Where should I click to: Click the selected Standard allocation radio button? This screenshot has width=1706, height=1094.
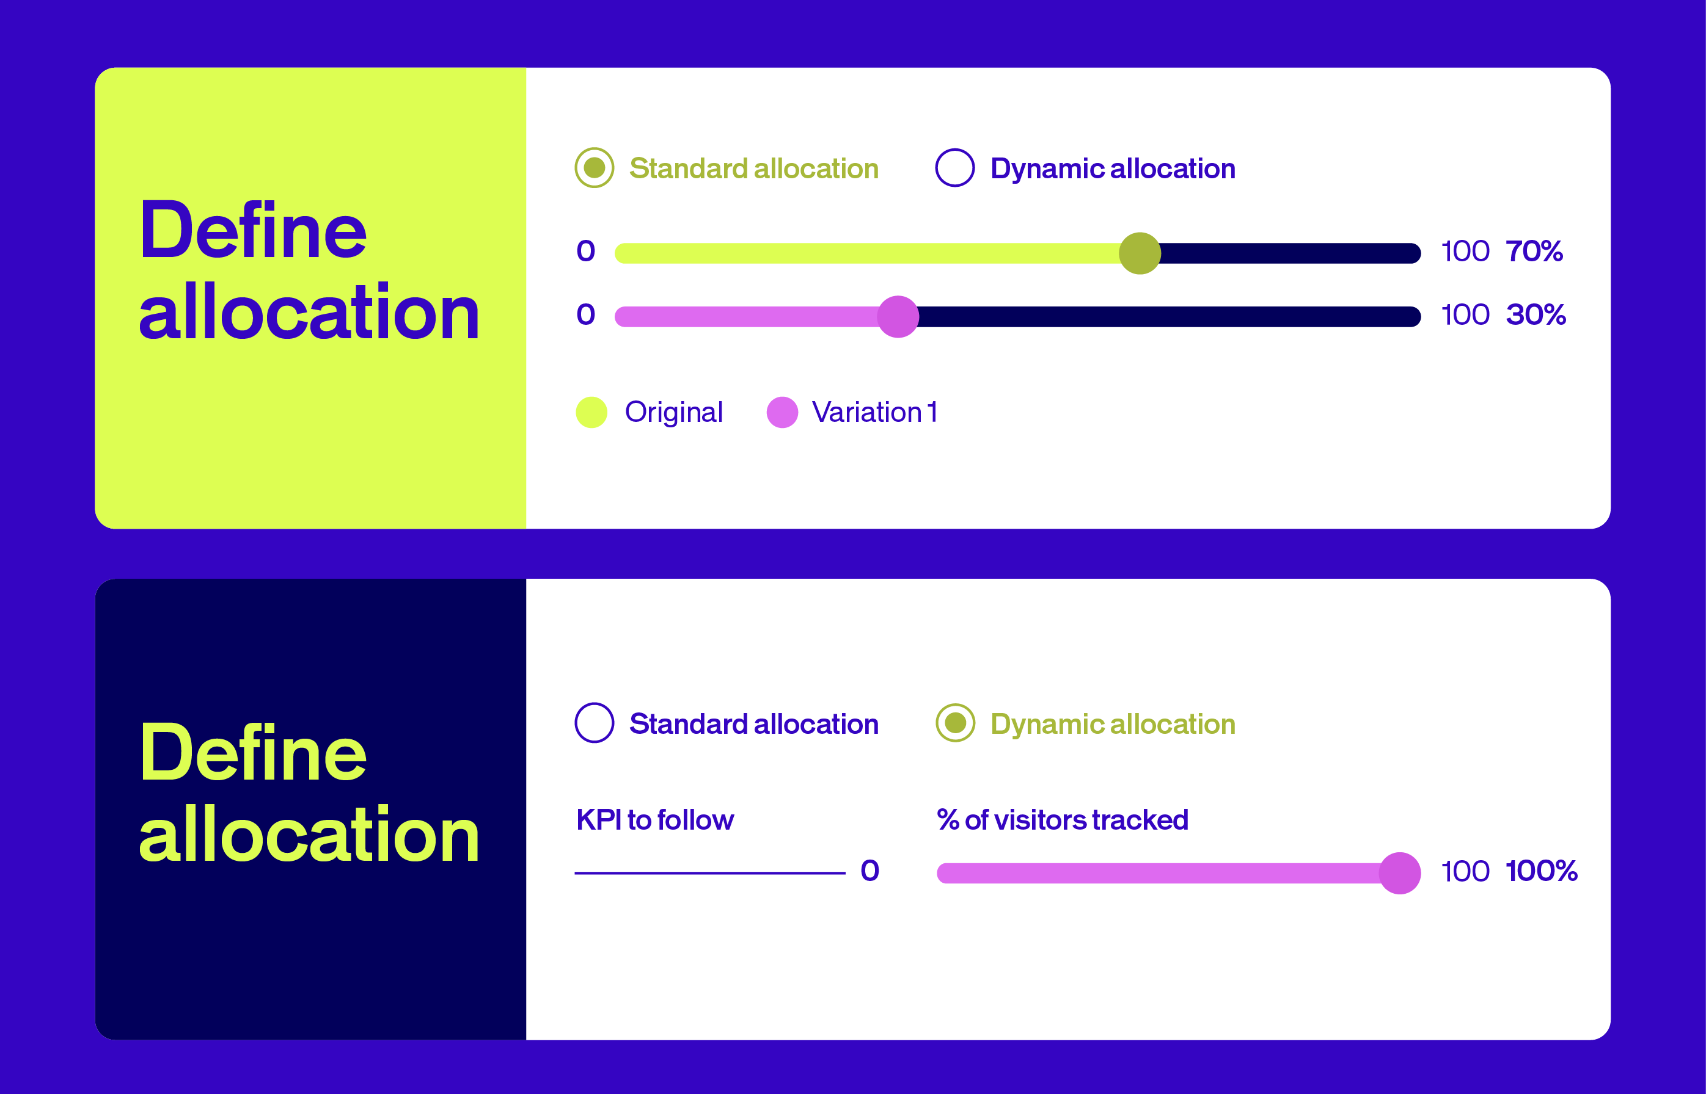595,168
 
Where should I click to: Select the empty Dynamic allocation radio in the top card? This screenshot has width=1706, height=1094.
954,168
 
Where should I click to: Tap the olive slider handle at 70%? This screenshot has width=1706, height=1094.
1140,253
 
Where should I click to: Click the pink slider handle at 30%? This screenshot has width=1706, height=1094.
898,316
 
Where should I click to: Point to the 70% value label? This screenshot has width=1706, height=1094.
1534,251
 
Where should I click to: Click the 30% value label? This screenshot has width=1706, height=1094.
1536,314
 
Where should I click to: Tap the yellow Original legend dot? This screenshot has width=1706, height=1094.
591,412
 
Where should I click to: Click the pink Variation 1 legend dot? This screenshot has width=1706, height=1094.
782,412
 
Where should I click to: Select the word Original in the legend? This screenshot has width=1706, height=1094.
673,413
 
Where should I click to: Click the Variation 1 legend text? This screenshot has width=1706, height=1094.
874,412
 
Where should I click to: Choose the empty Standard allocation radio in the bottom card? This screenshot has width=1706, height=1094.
595,723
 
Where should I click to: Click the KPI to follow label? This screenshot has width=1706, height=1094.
654,820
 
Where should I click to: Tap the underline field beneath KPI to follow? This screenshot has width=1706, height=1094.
709,872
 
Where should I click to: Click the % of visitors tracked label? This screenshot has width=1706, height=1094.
1063,820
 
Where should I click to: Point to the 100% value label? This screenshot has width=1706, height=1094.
1541,871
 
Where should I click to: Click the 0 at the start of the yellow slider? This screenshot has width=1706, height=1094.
586,251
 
